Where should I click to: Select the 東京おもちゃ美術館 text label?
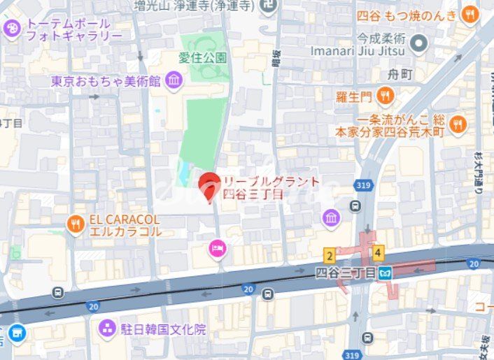[x=106, y=82]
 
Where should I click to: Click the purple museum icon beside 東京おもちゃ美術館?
[x=174, y=81]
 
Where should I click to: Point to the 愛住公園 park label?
[x=202, y=57]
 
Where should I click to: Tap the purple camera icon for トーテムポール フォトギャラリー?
[x=12, y=29]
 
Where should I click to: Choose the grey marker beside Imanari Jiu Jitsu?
[x=418, y=43]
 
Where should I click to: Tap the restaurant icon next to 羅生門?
[x=384, y=95]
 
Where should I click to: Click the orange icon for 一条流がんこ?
[x=458, y=124]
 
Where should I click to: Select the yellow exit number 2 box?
[x=329, y=255]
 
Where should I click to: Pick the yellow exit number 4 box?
[x=378, y=253]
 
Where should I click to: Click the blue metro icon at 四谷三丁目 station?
[x=385, y=275]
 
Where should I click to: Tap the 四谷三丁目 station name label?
[x=346, y=271]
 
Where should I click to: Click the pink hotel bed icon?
[x=218, y=248]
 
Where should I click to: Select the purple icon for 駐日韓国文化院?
[x=107, y=328]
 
